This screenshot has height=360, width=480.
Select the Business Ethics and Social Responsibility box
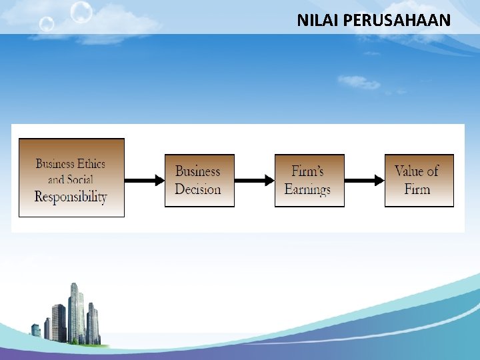[71, 177]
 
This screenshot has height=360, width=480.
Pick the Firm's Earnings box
[309, 180]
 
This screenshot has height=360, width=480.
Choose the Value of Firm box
[419, 180]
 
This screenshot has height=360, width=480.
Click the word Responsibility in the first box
[71, 196]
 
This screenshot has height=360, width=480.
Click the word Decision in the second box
[197, 189]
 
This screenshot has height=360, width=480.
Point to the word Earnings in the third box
[307, 189]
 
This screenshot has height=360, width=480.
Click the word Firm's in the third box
[307, 171]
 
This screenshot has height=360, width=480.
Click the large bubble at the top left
[81, 12]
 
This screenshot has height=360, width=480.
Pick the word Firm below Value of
[417, 189]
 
